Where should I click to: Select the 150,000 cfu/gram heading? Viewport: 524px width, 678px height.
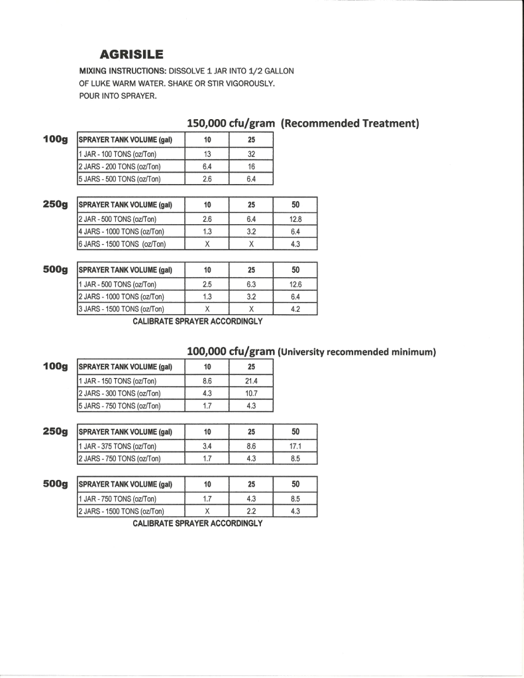(x=231, y=123)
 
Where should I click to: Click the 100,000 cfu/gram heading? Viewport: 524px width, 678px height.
(x=231, y=351)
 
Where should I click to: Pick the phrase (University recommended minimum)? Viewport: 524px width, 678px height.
(x=356, y=352)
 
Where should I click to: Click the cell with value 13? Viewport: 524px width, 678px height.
(x=207, y=154)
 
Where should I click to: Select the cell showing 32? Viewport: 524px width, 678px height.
(x=251, y=154)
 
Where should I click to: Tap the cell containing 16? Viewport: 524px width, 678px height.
(x=251, y=166)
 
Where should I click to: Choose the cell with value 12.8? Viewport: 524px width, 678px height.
(x=295, y=218)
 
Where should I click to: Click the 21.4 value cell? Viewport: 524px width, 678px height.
(x=251, y=381)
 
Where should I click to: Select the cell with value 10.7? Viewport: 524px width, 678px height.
(x=251, y=393)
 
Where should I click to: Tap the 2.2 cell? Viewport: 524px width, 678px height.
(x=251, y=510)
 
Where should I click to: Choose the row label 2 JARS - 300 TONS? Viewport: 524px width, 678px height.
(x=119, y=393)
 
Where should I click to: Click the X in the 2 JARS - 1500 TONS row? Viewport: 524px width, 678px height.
(x=207, y=510)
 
